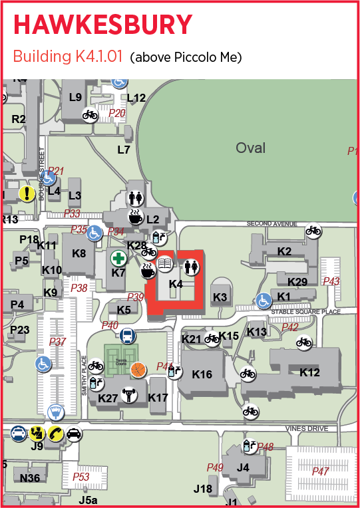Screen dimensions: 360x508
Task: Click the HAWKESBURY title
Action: click(x=103, y=25)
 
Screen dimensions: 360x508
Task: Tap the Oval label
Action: click(x=250, y=148)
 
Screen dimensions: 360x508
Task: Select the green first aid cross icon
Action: click(x=118, y=258)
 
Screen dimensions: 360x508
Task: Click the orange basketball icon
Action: click(x=138, y=369)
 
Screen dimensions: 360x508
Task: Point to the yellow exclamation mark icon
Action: click(x=26, y=193)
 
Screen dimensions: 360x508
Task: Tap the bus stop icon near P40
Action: click(x=128, y=336)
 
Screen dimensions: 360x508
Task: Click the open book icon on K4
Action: click(x=165, y=265)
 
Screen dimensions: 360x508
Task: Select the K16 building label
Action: click(x=202, y=374)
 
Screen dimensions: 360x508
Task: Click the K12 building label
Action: click(x=309, y=372)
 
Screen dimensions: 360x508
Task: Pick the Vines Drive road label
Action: click(x=307, y=429)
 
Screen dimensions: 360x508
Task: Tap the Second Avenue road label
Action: click(x=271, y=223)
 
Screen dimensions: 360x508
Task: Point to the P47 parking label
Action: click(x=321, y=471)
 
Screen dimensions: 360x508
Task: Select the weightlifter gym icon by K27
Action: click(x=129, y=396)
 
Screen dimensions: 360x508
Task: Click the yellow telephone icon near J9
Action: click(x=55, y=434)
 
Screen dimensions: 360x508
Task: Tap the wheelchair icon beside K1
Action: click(x=264, y=301)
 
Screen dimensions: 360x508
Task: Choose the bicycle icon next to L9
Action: click(x=90, y=114)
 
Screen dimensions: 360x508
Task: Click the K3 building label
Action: click(x=220, y=297)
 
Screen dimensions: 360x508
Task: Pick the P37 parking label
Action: click(x=58, y=342)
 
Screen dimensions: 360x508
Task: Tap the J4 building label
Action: click(x=243, y=467)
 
